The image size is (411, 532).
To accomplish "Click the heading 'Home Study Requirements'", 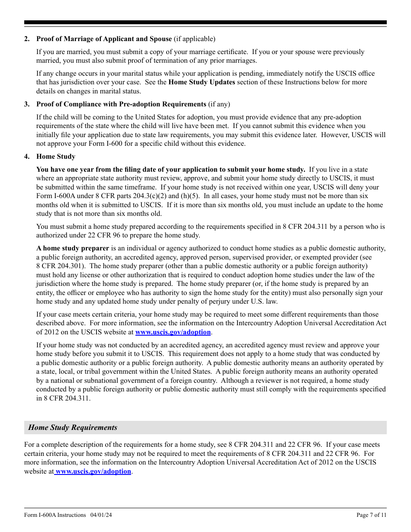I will [73, 427].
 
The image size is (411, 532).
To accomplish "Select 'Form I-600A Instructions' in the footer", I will [55, 515].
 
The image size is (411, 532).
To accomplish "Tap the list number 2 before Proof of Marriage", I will [27, 39].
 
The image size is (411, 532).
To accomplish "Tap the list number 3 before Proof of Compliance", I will [27, 104].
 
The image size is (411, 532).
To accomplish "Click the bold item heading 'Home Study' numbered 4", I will [56, 157].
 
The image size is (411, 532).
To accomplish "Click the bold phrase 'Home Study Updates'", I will [202, 82].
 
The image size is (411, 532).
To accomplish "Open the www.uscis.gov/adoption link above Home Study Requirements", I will [173, 332].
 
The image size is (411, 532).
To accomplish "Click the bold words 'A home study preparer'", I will [73, 248].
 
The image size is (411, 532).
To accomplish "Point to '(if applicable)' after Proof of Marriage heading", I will [194, 39].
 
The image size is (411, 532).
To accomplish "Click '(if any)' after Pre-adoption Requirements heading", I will [219, 104].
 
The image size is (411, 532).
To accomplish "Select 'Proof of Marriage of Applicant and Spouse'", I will [104, 39].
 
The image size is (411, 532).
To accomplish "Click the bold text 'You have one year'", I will [63, 170].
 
